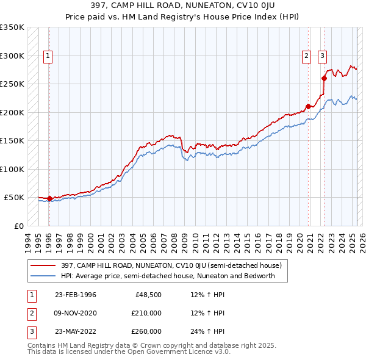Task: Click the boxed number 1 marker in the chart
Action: (x=48, y=56)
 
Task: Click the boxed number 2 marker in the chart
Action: (x=306, y=56)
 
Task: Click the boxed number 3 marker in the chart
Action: (x=322, y=56)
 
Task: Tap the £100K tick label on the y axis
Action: (x=12, y=170)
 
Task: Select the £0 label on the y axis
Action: (x=19, y=226)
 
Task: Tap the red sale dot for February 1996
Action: (x=49, y=198)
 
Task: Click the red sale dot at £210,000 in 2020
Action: (x=308, y=107)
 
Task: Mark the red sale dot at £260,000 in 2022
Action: (x=324, y=78)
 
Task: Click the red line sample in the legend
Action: (x=43, y=265)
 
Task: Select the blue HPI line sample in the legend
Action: (x=43, y=276)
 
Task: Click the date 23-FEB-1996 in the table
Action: (x=75, y=295)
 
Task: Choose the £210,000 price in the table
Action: (x=147, y=313)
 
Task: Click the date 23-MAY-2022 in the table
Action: (x=75, y=331)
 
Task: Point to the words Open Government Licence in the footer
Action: (x=159, y=351)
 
